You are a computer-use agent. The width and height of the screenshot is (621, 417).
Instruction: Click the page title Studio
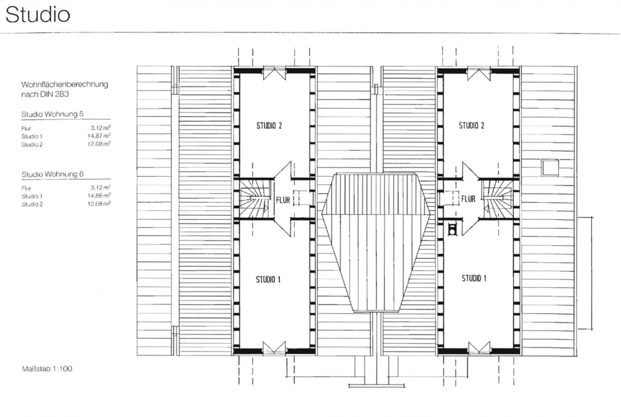pyautogui.click(x=38, y=15)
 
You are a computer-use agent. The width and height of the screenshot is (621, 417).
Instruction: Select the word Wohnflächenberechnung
pyautogui.click(x=65, y=84)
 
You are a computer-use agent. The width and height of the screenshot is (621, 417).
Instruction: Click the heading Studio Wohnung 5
pyautogui.click(x=52, y=114)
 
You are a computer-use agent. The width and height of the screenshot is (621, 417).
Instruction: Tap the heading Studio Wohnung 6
pyautogui.click(x=52, y=174)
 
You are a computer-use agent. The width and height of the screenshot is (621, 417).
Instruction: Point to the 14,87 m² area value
pyautogui.click(x=99, y=136)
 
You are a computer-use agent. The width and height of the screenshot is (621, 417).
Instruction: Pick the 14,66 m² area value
pyautogui.click(x=99, y=196)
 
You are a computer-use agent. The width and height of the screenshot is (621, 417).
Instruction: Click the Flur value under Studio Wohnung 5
pyautogui.click(x=100, y=127)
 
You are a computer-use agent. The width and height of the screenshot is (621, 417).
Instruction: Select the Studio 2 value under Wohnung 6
pyautogui.click(x=99, y=204)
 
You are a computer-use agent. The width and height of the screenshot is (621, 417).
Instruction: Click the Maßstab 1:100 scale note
pyautogui.click(x=47, y=369)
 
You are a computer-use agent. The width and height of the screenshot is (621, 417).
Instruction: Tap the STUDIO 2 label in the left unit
pyautogui.click(x=269, y=126)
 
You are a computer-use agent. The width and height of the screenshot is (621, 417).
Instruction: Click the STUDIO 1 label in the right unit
pyautogui.click(x=473, y=279)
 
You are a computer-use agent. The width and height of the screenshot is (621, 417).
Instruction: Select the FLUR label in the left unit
pyautogui.click(x=283, y=200)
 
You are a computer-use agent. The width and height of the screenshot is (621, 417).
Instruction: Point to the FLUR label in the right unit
pyautogui.click(x=468, y=199)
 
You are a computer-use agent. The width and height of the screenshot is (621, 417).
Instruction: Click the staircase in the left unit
pyautogui.click(x=256, y=198)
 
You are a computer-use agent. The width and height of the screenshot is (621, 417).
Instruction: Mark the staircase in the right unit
pyautogui.click(x=497, y=199)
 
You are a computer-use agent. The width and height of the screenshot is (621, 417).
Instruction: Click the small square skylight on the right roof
pyautogui.click(x=550, y=168)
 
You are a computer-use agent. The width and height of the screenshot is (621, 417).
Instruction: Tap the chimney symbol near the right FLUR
pyautogui.click(x=452, y=229)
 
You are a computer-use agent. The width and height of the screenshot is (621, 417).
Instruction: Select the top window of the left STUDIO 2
pyautogui.click(x=274, y=74)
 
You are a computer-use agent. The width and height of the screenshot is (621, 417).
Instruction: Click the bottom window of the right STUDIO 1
pyautogui.click(x=479, y=348)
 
